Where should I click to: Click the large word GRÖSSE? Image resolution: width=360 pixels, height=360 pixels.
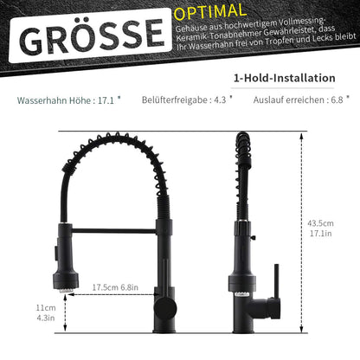(93, 37)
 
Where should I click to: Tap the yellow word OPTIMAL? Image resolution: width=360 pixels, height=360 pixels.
(210, 12)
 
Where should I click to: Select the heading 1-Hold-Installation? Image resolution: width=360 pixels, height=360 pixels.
(285, 78)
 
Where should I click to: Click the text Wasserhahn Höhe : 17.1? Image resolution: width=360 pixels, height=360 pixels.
(69, 100)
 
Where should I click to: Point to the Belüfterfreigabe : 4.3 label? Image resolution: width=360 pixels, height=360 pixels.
(187, 100)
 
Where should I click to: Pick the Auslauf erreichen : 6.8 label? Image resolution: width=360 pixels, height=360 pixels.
(301, 100)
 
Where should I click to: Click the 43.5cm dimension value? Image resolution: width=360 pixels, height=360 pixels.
(320, 223)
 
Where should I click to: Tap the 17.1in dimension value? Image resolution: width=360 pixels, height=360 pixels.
(321, 233)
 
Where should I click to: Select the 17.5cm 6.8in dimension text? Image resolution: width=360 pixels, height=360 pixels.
(115, 287)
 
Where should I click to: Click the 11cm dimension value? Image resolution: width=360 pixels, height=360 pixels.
(46, 308)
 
